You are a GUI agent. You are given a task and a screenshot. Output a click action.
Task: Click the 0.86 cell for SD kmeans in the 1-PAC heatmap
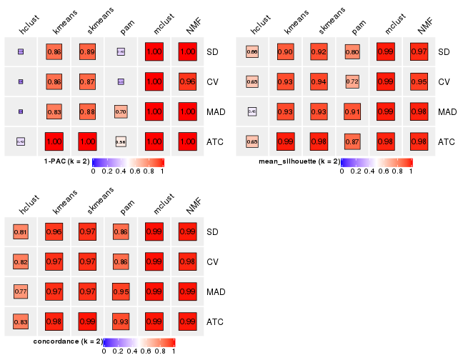(x=54, y=52)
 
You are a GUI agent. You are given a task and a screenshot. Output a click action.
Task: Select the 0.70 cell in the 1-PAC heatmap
(x=121, y=111)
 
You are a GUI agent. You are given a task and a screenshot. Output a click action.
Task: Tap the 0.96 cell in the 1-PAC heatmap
(x=187, y=82)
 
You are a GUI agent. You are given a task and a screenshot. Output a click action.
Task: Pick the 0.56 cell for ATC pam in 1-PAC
(x=121, y=141)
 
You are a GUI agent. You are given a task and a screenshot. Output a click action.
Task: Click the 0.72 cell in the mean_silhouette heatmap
(x=352, y=82)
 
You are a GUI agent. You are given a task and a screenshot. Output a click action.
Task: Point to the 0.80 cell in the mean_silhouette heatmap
(x=352, y=52)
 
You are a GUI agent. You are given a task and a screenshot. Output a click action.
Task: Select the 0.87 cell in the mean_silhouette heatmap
(x=352, y=141)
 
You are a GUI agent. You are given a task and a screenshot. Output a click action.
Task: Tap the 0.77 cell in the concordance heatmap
(x=21, y=291)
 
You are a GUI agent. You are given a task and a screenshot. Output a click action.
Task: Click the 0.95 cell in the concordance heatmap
(x=121, y=291)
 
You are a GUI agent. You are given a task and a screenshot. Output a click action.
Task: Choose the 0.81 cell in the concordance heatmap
(x=21, y=232)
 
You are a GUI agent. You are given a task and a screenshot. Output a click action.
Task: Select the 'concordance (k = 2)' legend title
(x=68, y=341)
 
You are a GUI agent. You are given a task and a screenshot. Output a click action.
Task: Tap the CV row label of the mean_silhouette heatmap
(x=444, y=82)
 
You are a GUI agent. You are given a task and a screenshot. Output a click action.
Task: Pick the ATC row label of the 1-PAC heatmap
(x=215, y=141)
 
